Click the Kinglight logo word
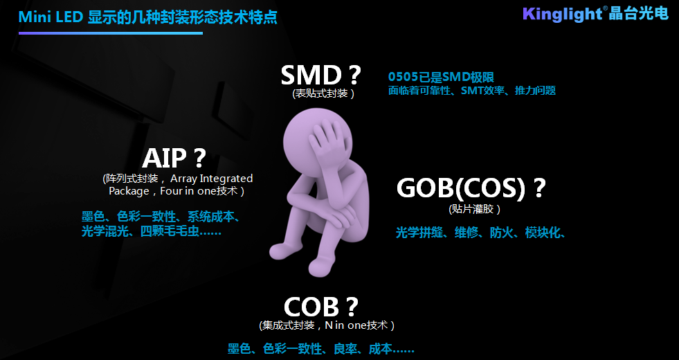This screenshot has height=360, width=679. (562, 14)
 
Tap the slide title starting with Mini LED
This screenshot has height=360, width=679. (147, 18)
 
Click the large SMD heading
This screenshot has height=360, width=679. (321, 75)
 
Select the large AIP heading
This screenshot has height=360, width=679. (174, 158)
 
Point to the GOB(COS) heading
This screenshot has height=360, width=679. (471, 188)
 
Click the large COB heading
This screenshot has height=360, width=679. (321, 307)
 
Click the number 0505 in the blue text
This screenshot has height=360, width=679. (403, 77)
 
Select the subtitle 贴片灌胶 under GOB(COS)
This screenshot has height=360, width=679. (475, 209)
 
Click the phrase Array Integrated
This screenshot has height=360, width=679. (211, 179)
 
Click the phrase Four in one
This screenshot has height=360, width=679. (185, 191)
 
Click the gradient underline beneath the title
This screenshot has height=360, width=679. (111, 33)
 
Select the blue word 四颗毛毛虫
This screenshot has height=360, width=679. (170, 231)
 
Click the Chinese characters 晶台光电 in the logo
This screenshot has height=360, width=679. (639, 13)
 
